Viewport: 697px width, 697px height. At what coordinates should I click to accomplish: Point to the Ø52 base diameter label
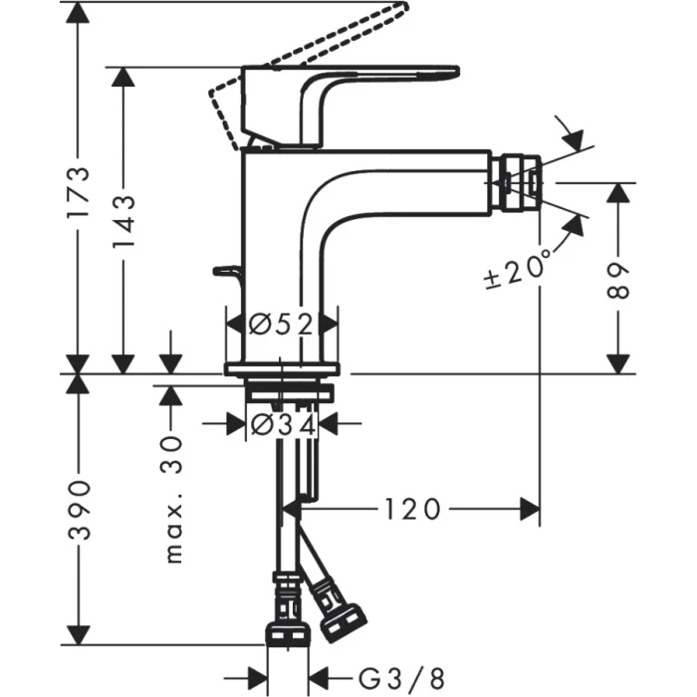point(282,324)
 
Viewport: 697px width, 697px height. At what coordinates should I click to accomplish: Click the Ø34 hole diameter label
point(282,424)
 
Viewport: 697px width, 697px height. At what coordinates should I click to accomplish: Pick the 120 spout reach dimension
point(412,510)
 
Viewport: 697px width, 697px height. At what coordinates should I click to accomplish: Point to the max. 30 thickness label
point(173,498)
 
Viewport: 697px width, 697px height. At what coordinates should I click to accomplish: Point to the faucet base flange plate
point(283,369)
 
